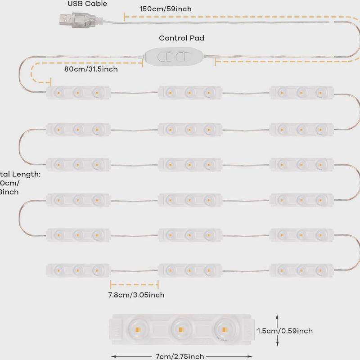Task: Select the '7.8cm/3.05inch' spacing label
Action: pyautogui.click(x=136, y=295)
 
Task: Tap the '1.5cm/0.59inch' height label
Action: pyautogui.click(x=284, y=331)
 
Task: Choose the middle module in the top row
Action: pyautogui.click(x=189, y=93)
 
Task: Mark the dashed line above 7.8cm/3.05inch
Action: pyautogui.click(x=134, y=284)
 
